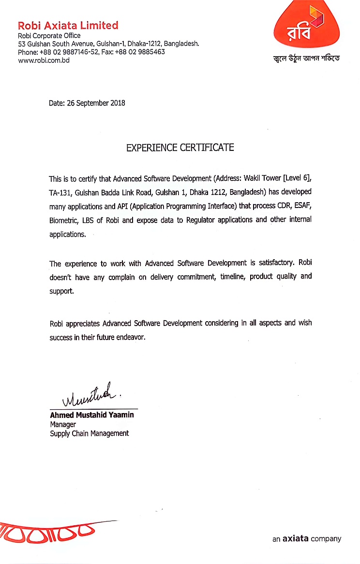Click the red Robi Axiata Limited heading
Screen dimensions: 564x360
click(x=68, y=25)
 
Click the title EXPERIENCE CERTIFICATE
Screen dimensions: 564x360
click(x=180, y=148)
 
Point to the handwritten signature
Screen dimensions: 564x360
click(x=90, y=395)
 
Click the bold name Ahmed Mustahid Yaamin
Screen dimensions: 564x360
click(x=92, y=415)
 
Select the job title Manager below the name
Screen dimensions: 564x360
click(x=63, y=424)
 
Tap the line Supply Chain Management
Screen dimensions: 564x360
click(x=90, y=433)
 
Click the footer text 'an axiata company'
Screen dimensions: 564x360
click(x=307, y=538)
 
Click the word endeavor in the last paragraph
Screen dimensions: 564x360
click(x=130, y=337)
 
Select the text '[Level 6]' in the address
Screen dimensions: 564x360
click(x=295, y=178)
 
